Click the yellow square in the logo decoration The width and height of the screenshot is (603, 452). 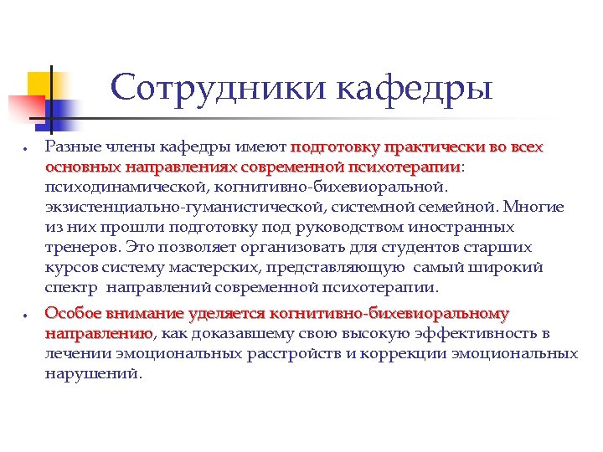(43, 84)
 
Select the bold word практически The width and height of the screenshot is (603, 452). (425, 147)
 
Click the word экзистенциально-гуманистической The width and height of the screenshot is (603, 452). (163, 208)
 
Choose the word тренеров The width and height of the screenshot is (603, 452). (80, 247)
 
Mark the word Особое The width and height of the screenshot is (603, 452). (74, 314)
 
